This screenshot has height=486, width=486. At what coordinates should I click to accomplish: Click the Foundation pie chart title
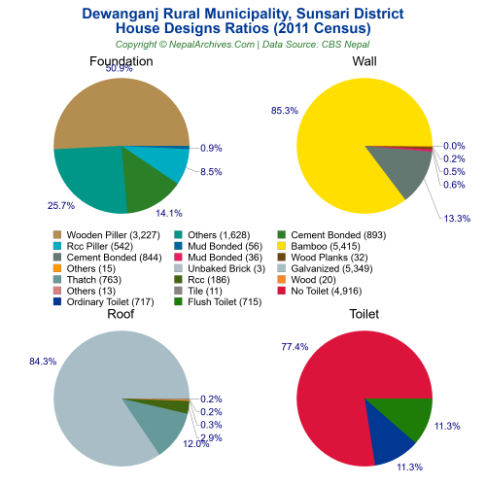tap(121, 61)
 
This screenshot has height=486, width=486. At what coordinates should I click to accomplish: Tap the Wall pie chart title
tap(364, 61)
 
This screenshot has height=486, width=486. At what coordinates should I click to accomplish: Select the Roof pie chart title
tap(121, 315)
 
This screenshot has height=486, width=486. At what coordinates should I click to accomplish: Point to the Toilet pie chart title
tap(364, 315)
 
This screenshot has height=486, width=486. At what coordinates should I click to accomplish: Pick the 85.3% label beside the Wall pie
tap(285, 110)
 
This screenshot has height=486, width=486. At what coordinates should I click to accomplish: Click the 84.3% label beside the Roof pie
tap(41, 362)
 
